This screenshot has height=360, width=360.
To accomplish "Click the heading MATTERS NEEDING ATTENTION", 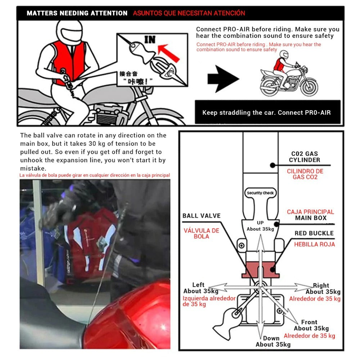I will (x=77, y=13).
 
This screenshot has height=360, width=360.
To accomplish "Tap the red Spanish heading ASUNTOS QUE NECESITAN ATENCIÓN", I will (x=189, y=13).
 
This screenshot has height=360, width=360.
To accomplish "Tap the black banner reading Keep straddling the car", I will (x=266, y=113).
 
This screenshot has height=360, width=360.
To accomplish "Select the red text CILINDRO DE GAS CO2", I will (x=305, y=174).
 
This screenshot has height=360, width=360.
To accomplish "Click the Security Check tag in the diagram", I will (x=260, y=193).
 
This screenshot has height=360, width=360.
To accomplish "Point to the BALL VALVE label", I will (x=201, y=216).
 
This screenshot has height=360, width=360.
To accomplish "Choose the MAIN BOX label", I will (x=311, y=218).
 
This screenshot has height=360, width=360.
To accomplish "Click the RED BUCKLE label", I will (x=314, y=233).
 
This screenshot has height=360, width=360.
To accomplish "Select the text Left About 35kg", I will (x=197, y=288).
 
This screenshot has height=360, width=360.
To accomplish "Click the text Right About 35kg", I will (x=322, y=289).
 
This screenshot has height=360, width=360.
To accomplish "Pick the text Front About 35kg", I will (x=311, y=325).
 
